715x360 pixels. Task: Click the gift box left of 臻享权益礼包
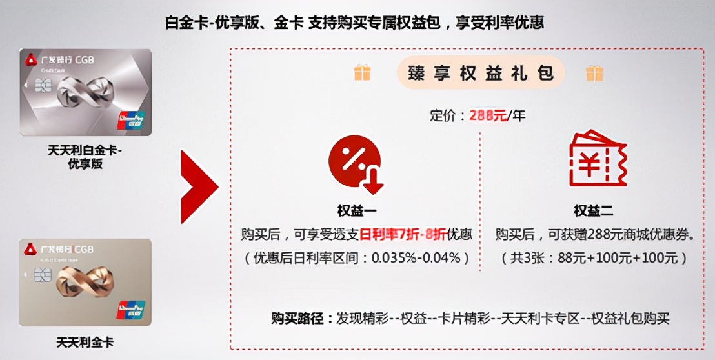[363, 72]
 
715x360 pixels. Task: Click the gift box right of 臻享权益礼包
[594, 72]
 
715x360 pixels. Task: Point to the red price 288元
[488, 116]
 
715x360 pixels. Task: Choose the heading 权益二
[593, 210]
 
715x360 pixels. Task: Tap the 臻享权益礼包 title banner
[481, 72]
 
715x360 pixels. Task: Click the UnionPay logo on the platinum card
[131, 121]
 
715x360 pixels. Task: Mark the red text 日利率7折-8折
[403, 234]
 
